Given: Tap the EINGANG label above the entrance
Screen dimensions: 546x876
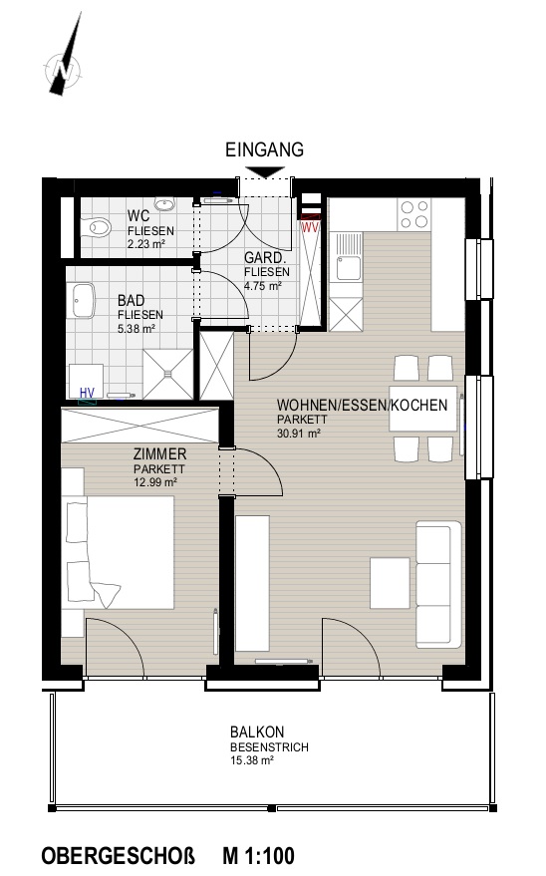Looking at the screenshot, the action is pyautogui.click(x=265, y=149).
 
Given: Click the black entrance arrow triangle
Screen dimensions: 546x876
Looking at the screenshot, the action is pyautogui.click(x=265, y=172).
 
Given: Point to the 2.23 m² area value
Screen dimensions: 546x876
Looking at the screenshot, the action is pyautogui.click(x=145, y=244).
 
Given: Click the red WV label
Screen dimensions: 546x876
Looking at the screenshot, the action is pyautogui.click(x=311, y=227).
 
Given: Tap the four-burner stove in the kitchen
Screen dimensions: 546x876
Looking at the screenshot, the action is pyautogui.click(x=414, y=214).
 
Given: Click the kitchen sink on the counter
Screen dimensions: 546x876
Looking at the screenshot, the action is pyautogui.click(x=346, y=257).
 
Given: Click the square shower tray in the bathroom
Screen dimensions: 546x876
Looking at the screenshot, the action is pyautogui.click(x=167, y=374).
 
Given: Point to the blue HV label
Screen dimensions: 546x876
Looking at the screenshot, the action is pyautogui.click(x=87, y=394).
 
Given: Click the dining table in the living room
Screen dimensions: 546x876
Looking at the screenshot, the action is pyautogui.click(x=422, y=408).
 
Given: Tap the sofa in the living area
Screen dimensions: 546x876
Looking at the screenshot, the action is pyautogui.click(x=438, y=585).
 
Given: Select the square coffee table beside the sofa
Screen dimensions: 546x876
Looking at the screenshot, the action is pyautogui.click(x=390, y=583).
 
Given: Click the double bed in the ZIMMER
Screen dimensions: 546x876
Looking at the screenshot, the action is pyautogui.click(x=119, y=552).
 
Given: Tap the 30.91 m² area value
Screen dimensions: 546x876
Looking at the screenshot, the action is pyautogui.click(x=299, y=433).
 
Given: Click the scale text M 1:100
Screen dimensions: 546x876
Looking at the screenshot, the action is pyautogui.click(x=258, y=856).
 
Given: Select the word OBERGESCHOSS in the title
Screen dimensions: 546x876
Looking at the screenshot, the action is pyautogui.click(x=119, y=856).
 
